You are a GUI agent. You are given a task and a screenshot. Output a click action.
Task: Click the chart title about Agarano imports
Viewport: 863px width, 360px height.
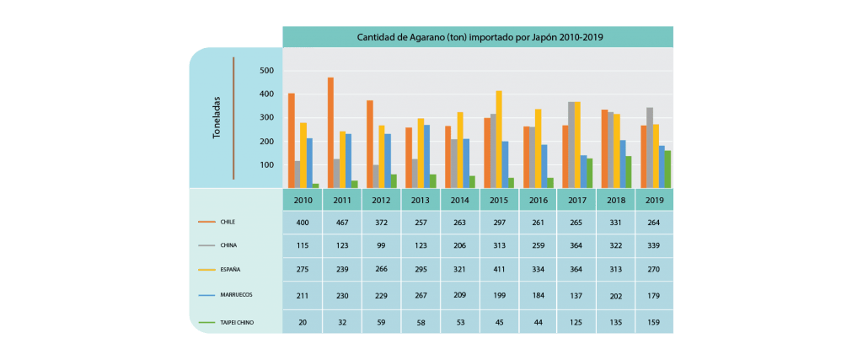(x=480, y=37)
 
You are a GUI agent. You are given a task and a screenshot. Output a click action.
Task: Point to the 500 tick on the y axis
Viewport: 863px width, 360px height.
(x=267, y=71)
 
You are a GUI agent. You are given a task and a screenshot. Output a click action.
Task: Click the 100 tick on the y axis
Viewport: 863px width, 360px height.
(x=267, y=165)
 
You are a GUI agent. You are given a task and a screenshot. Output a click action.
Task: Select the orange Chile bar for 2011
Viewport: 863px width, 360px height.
(x=331, y=132)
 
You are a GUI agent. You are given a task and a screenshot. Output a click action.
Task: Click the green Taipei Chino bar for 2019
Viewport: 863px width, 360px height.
(x=667, y=169)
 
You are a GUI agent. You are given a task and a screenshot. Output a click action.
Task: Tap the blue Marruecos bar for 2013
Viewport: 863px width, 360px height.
(x=427, y=156)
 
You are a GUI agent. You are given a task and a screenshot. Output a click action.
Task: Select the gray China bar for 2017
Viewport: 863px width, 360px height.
(x=571, y=144)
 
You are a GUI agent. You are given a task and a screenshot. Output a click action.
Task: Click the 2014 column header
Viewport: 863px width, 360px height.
(x=459, y=201)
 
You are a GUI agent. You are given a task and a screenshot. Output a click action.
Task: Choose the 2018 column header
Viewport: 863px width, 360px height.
(x=615, y=201)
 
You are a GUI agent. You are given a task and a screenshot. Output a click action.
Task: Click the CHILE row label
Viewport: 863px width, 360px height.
(x=228, y=222)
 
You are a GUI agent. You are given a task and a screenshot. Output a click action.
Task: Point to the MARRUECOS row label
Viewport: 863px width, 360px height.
(x=236, y=294)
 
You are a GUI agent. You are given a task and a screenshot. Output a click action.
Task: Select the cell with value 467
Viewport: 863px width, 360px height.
(x=341, y=223)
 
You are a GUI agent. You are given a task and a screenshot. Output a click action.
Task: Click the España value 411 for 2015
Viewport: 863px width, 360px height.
(x=499, y=271)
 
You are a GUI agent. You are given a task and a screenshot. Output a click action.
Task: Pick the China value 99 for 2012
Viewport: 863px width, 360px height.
(x=381, y=247)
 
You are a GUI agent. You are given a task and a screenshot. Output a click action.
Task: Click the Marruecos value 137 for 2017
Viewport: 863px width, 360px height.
(x=576, y=295)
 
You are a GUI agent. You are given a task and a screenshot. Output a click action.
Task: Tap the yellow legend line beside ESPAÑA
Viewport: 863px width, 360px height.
(x=206, y=270)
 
